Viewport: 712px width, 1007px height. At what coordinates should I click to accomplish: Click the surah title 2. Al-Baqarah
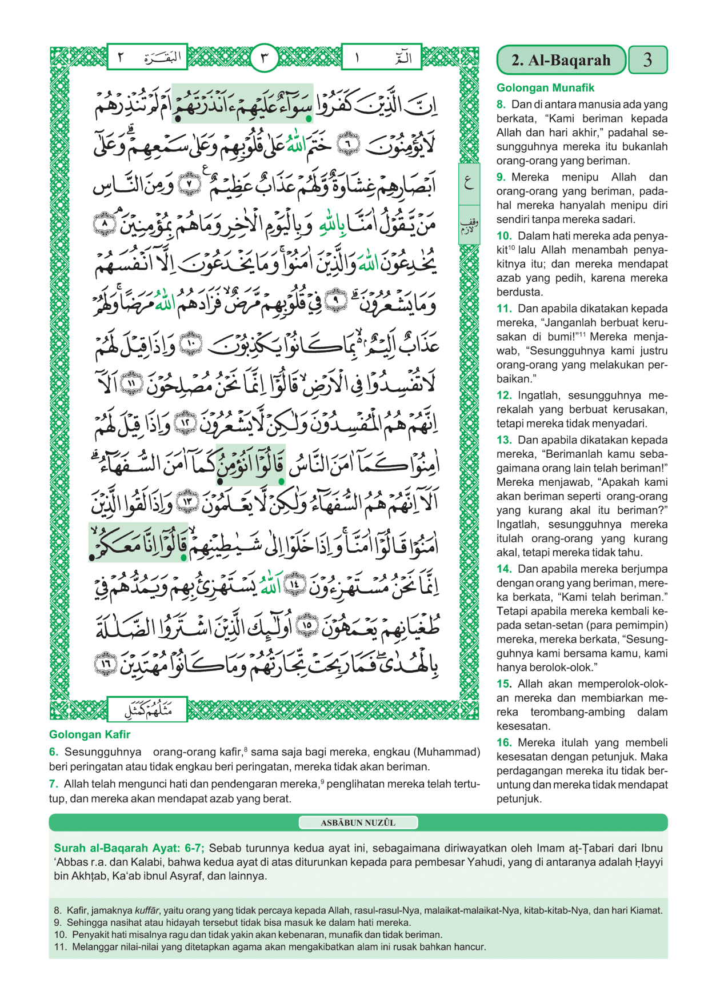[x=561, y=60]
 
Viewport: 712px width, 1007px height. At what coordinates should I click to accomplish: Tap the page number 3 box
[x=647, y=60]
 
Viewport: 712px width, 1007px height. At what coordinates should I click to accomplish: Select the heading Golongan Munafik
[x=545, y=88]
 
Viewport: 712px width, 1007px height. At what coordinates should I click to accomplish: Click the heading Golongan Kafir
[x=90, y=734]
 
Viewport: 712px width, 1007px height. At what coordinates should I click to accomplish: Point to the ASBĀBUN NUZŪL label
[x=358, y=823]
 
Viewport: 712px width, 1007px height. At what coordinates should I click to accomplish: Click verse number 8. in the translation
[x=501, y=105]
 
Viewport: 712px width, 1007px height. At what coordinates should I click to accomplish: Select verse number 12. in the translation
[x=504, y=395]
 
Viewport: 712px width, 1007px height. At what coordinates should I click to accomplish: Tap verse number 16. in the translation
[x=504, y=743]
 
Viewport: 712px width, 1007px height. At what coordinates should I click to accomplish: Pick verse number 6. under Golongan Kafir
[x=54, y=752]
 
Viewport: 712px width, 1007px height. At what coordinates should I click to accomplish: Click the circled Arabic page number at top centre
[x=264, y=58]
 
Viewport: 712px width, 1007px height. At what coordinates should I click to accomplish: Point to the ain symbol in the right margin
[x=469, y=183]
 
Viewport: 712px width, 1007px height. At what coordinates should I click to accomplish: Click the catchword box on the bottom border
[x=147, y=710]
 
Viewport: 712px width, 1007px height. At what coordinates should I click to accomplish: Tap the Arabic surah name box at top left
[x=147, y=57]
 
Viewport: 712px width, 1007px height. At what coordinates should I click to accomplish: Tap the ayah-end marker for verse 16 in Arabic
[x=106, y=665]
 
